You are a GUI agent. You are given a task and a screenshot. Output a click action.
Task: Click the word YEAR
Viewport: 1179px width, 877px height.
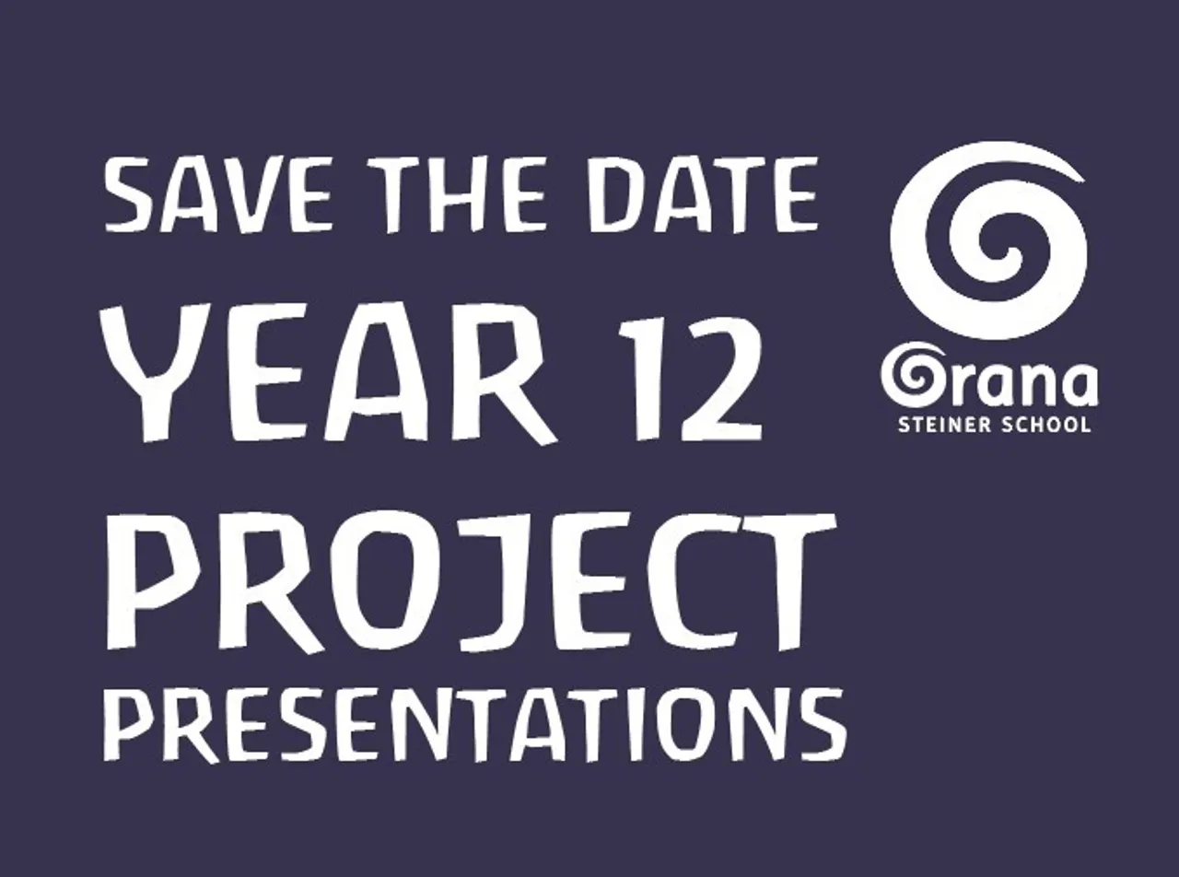tap(328, 374)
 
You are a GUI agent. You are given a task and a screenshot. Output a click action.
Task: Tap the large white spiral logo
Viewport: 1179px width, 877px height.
tap(987, 240)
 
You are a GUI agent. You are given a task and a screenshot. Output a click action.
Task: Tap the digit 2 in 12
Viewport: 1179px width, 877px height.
tap(722, 379)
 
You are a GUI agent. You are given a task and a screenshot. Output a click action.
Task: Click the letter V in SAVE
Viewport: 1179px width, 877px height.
tap(245, 195)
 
